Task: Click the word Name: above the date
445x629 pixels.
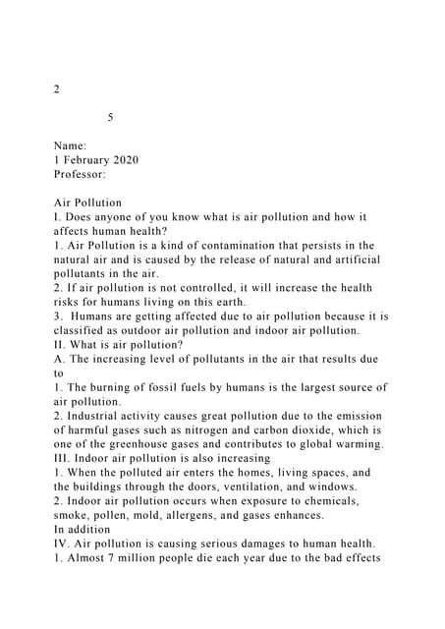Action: pos(71,144)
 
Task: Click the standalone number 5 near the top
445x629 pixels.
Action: pos(110,117)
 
